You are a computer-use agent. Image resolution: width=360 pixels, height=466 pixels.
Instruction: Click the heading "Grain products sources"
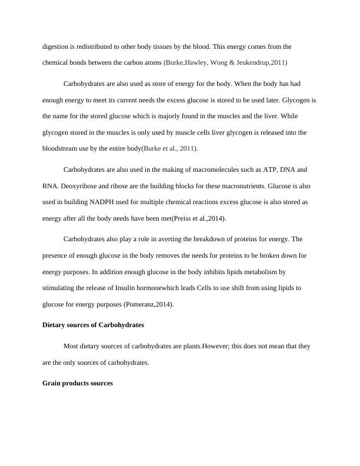(x=78, y=383)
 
